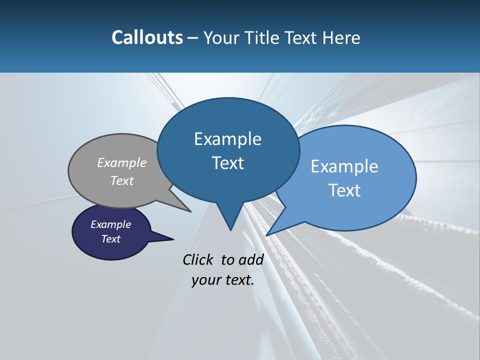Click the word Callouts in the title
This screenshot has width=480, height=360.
pyautogui.click(x=147, y=37)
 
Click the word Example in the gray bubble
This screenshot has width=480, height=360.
pyautogui.click(x=122, y=162)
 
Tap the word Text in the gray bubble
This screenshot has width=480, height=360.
pyautogui.click(x=122, y=180)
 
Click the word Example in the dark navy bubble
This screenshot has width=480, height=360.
pyautogui.click(x=111, y=224)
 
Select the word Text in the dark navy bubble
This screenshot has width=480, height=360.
pyautogui.click(x=111, y=239)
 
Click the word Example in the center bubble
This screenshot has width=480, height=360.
pyautogui.click(x=227, y=139)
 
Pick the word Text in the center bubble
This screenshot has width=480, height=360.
pyautogui.click(x=227, y=163)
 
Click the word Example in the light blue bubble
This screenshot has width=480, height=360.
pyautogui.click(x=344, y=166)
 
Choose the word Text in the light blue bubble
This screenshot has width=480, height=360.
pyautogui.click(x=344, y=190)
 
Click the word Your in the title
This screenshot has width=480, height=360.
pyautogui.click(x=222, y=37)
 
